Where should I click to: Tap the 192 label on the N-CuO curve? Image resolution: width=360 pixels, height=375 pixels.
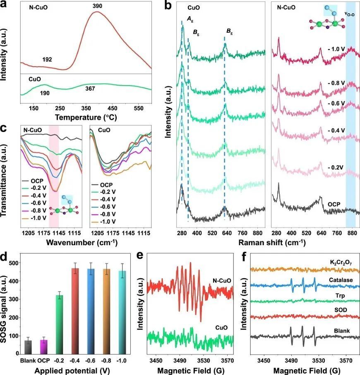click(x=47, y=60)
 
